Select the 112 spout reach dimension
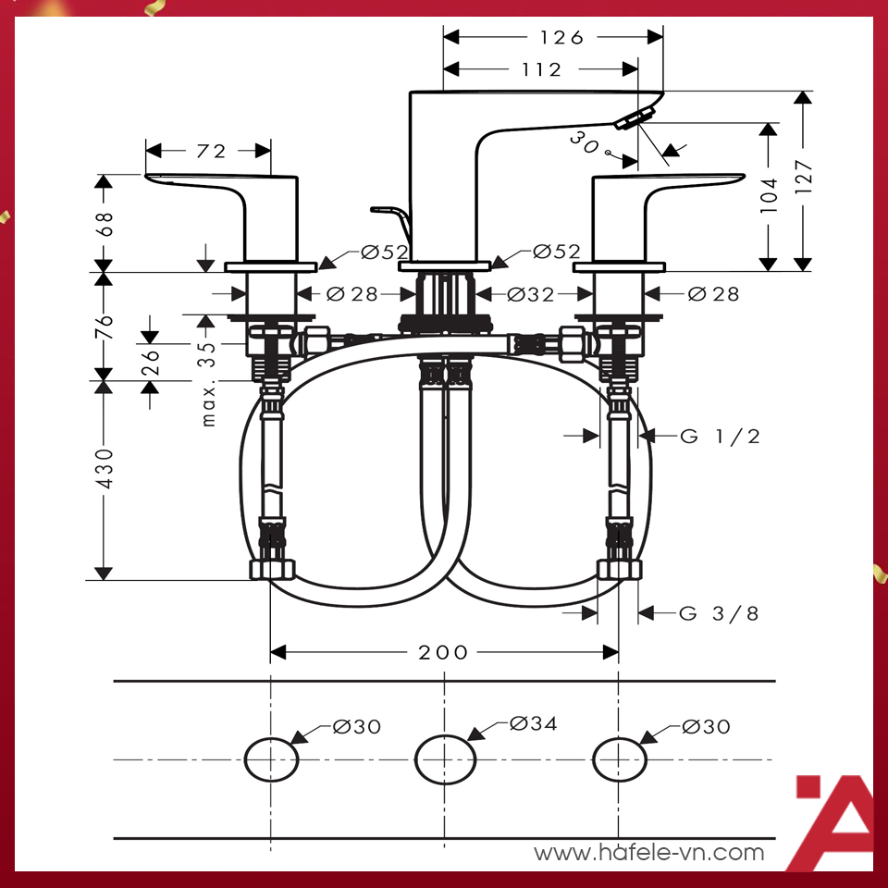tap(541, 69)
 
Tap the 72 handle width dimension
tap(211, 151)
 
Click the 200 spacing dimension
tap(443, 652)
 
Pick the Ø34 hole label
tap(534, 723)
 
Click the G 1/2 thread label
tap(720, 437)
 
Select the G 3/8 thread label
tap(720, 613)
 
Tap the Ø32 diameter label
tap(530, 294)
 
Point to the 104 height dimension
tap(768, 196)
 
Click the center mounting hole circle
tap(445, 759)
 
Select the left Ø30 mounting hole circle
tap(271, 759)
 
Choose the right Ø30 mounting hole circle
tap(619, 759)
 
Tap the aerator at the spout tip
tap(635, 117)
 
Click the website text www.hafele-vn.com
tap(649, 852)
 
